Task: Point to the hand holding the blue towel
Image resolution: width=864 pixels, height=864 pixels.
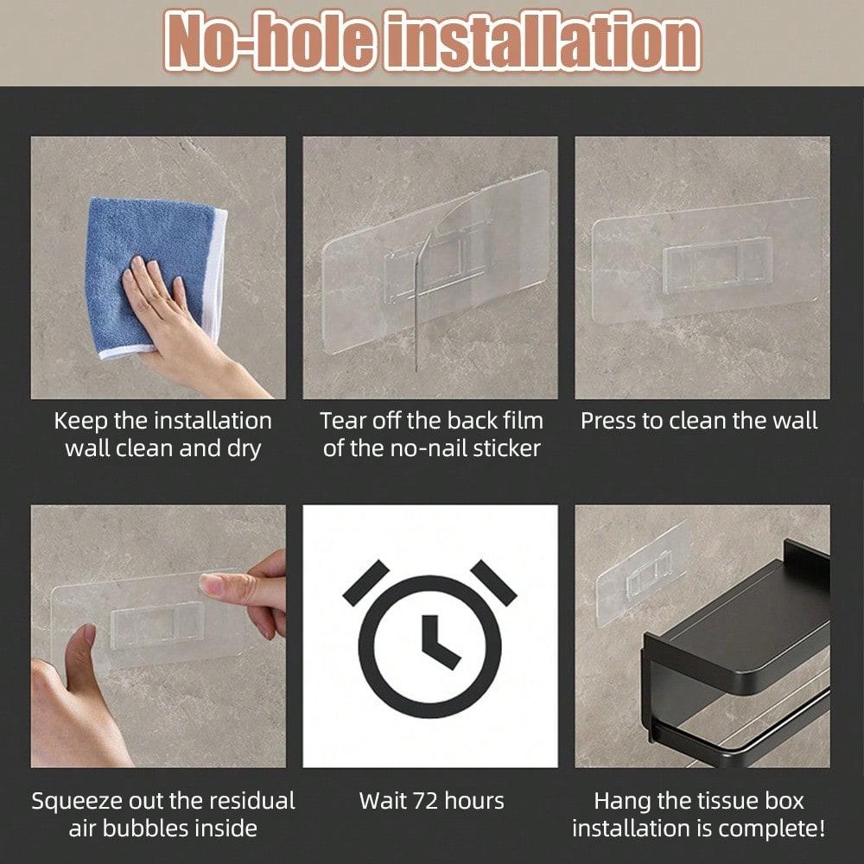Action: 173,320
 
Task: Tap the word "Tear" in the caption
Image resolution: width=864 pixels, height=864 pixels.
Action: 344,421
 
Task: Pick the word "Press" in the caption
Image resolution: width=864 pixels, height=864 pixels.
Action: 610,421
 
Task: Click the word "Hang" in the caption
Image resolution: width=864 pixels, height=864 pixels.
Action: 623,800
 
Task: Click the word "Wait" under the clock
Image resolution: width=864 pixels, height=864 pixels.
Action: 383,800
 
